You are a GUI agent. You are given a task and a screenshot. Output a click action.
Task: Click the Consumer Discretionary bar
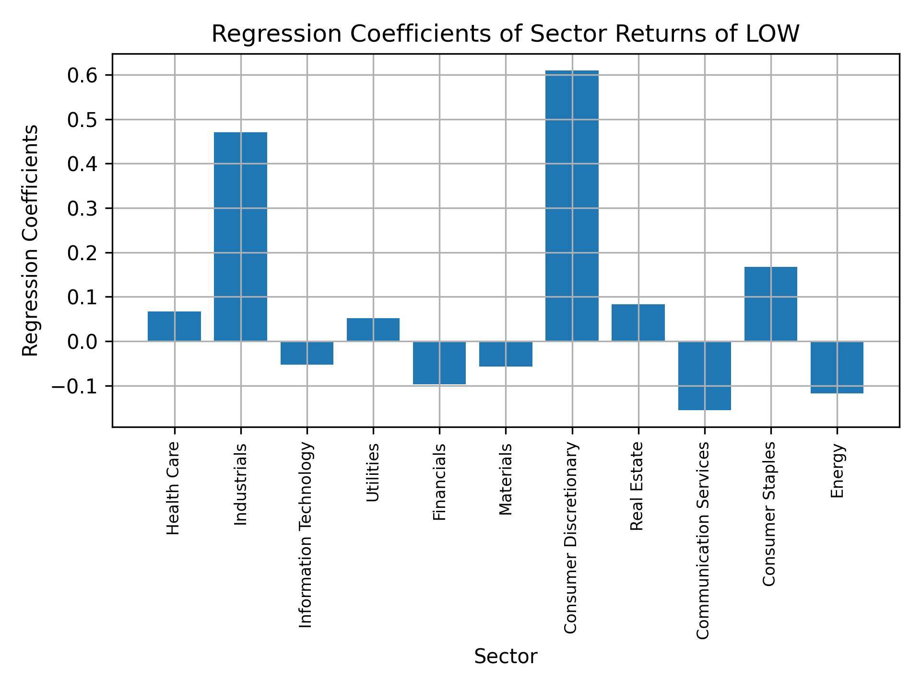click(x=572, y=206)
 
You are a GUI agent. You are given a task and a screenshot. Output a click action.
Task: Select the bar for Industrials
click(x=240, y=236)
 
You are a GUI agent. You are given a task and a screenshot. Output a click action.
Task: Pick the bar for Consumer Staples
click(x=770, y=304)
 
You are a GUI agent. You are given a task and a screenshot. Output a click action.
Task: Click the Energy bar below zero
click(x=837, y=367)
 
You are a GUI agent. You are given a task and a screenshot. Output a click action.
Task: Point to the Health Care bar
click(x=174, y=326)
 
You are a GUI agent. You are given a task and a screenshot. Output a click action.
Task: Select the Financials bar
click(x=439, y=363)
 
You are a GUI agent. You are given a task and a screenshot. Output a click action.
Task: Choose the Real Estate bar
click(x=638, y=322)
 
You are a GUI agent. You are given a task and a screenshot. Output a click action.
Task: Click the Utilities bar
click(x=373, y=330)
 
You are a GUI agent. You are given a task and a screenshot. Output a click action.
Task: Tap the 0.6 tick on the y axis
click(x=83, y=75)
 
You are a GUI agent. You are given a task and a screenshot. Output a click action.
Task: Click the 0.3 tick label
click(x=83, y=208)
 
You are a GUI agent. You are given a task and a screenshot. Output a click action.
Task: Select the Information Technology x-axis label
click(x=306, y=534)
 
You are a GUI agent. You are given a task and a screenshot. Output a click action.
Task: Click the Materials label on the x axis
click(x=506, y=479)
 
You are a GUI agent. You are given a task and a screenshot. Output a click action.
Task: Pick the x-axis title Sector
click(x=506, y=657)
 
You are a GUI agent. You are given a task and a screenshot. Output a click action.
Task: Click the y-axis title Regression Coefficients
click(x=31, y=241)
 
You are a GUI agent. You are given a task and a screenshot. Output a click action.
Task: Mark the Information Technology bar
click(x=307, y=353)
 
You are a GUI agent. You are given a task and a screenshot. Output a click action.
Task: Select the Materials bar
click(x=506, y=354)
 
